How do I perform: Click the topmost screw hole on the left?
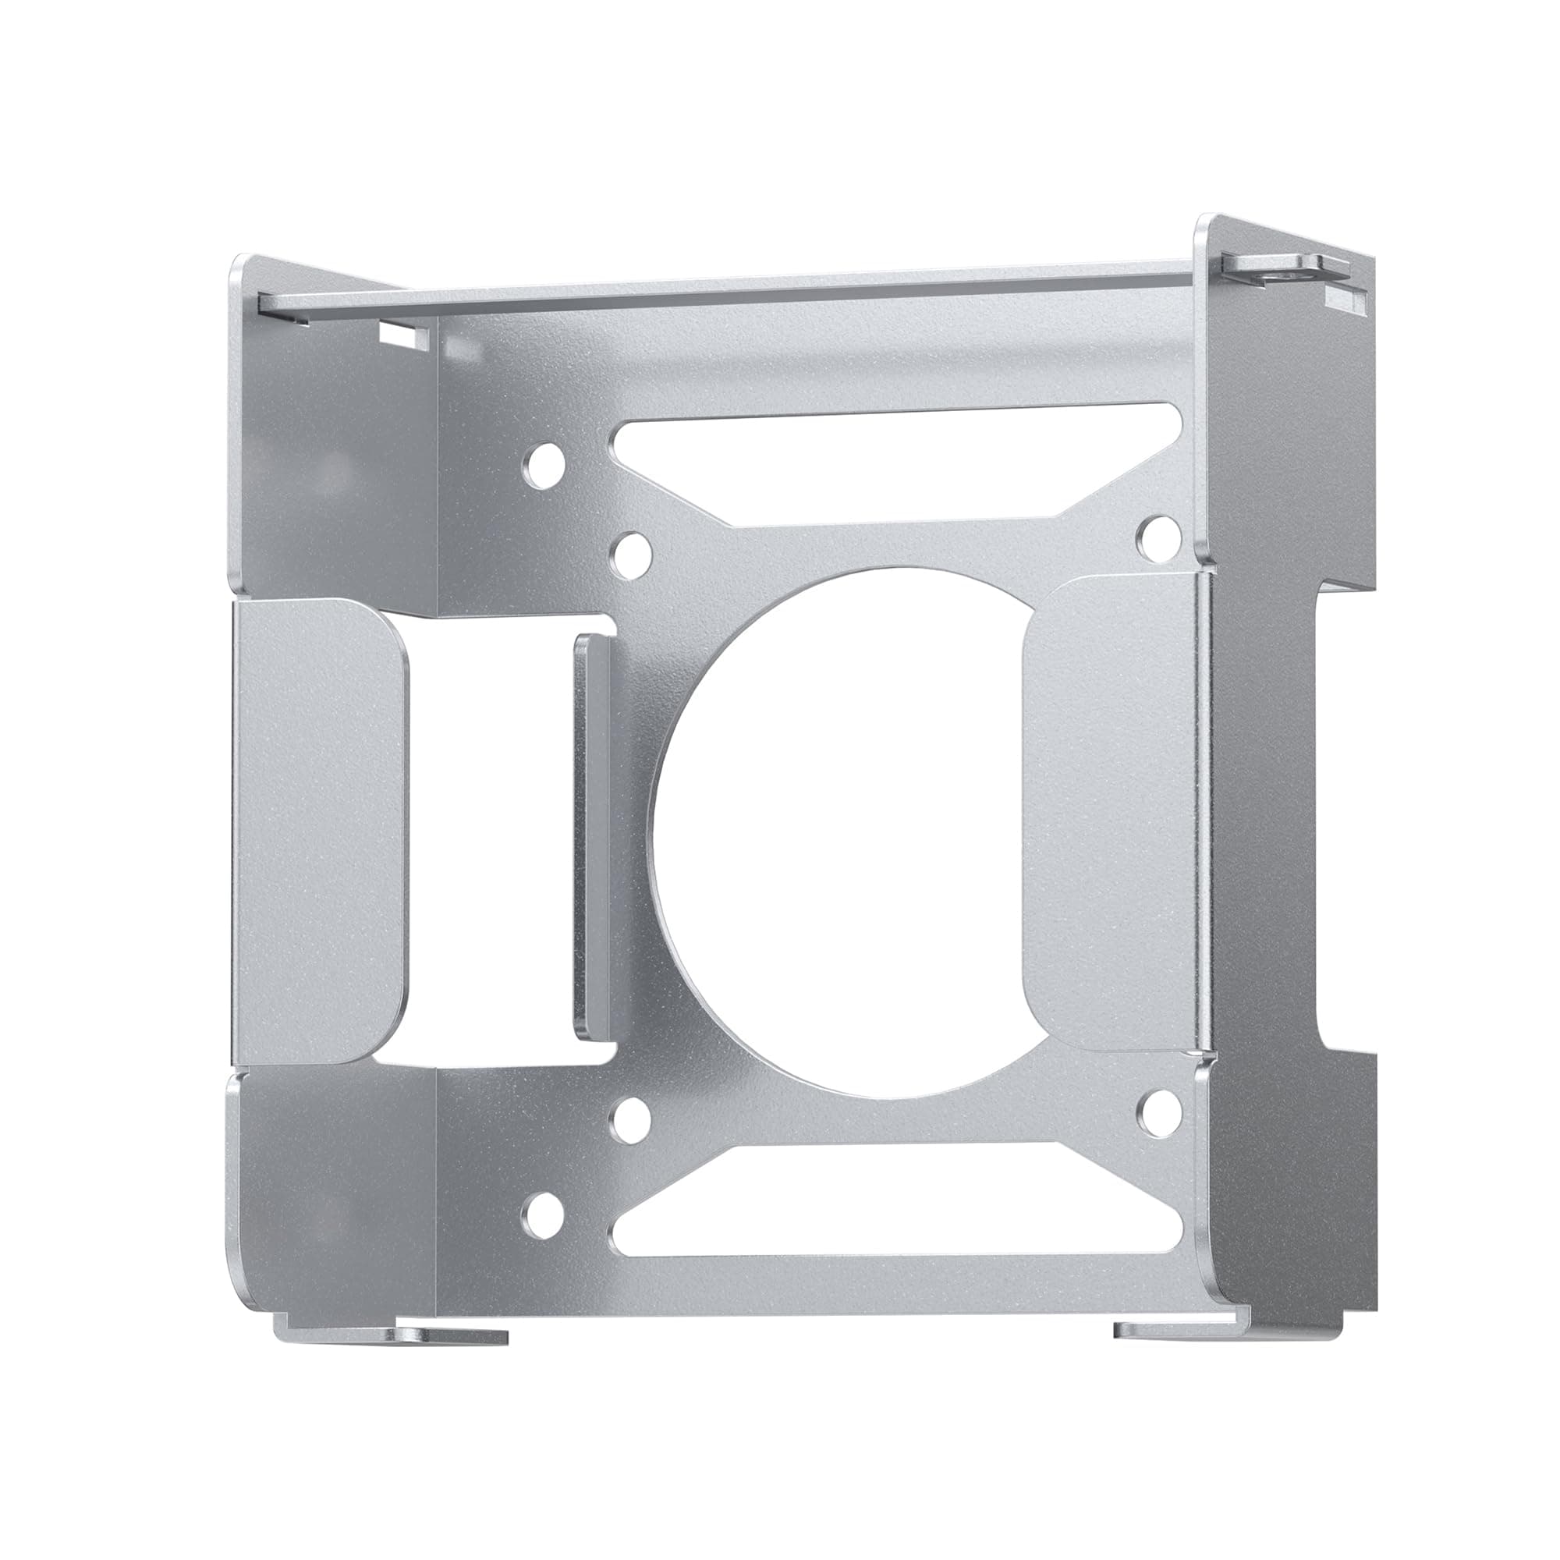(542, 466)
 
